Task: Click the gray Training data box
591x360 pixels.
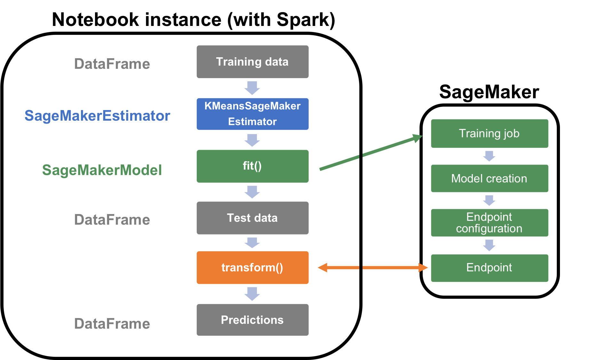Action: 252,62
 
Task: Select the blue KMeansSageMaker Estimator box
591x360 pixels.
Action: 252,114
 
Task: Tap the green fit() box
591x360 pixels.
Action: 252,166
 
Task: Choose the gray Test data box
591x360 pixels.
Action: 252,218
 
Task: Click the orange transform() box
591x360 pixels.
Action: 252,268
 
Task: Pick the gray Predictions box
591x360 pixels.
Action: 252,320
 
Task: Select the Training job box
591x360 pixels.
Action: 490,133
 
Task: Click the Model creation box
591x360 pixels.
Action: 490,178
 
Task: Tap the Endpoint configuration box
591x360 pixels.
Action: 490,223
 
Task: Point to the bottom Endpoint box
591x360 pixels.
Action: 490,268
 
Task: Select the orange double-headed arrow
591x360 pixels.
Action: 373,268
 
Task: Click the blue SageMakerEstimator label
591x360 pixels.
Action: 97,116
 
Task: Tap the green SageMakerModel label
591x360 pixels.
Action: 102,170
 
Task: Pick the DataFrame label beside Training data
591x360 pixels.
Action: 112,64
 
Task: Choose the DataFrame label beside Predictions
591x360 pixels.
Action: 112,324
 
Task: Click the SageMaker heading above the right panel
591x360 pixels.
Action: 489,92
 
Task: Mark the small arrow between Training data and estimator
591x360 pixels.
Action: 252,88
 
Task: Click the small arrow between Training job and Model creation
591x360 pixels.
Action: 489,156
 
